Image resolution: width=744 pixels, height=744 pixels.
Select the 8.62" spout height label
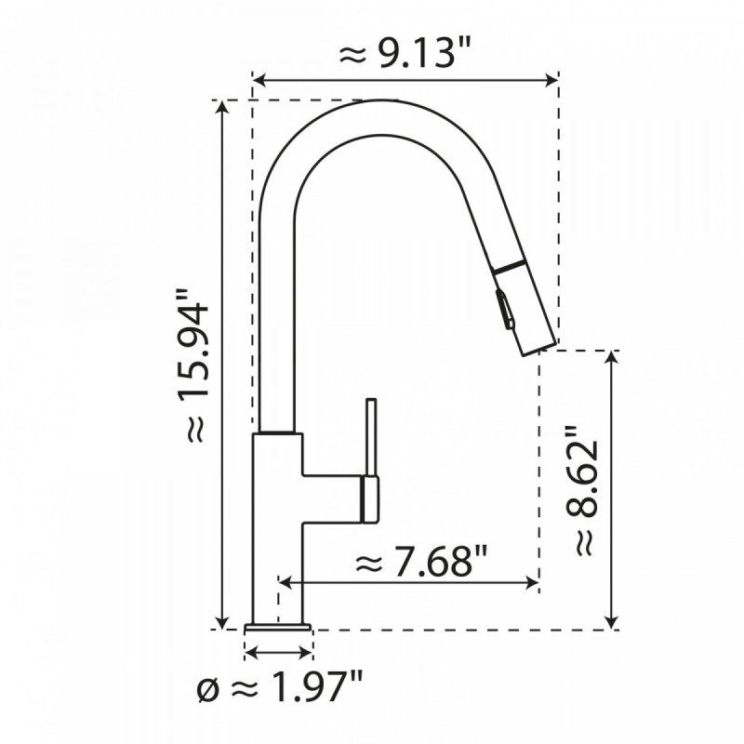click(582, 491)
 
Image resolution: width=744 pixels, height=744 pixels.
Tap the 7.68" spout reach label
click(422, 562)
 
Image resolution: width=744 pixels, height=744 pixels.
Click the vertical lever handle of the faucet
click(371, 437)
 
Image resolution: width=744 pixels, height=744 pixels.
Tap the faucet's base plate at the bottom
click(278, 629)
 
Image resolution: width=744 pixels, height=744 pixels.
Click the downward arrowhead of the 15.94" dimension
click(221, 623)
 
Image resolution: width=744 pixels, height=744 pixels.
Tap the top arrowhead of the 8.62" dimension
click(611, 356)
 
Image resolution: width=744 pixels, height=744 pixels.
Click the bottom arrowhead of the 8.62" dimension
click(611, 622)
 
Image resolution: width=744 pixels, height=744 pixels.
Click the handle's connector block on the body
click(369, 498)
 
